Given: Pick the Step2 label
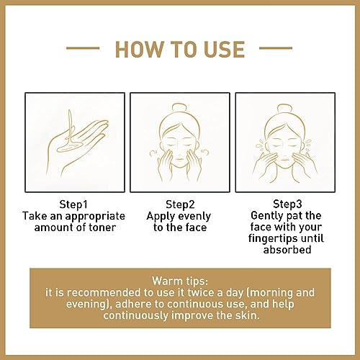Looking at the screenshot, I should click(x=179, y=203).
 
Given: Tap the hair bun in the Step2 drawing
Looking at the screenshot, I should click(x=179, y=103).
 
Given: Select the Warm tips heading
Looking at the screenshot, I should click(x=180, y=279).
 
